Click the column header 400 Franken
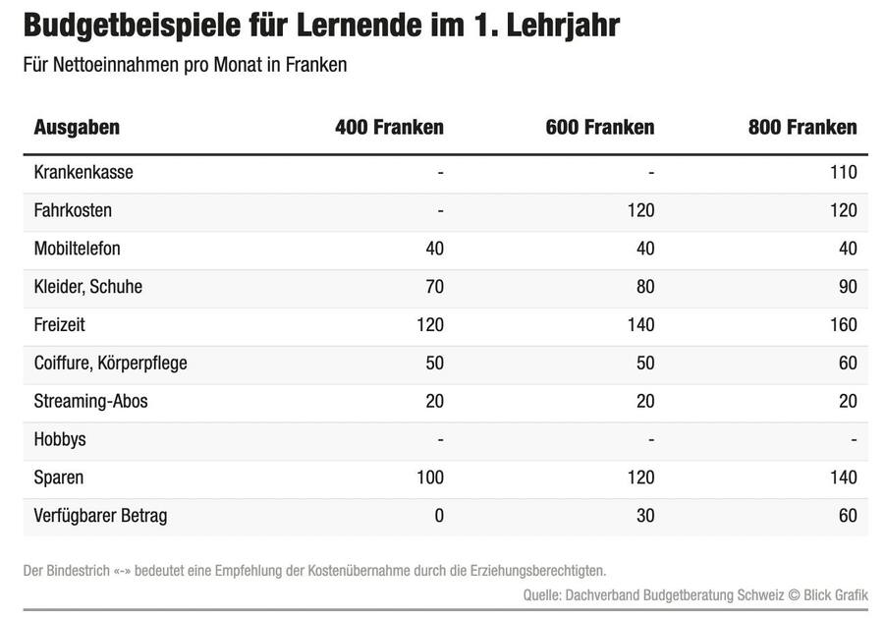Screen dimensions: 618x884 (389, 127)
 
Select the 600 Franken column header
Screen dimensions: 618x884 (599, 127)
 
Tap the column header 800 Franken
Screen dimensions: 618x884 (802, 127)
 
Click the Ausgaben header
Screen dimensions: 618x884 (77, 127)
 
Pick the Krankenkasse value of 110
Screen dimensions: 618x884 (843, 172)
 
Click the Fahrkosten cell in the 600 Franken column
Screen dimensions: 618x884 (639, 210)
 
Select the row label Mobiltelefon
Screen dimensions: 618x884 (77, 249)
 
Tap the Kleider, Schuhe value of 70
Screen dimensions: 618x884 (433, 287)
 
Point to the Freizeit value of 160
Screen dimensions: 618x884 (843, 324)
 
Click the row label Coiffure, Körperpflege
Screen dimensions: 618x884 (110, 363)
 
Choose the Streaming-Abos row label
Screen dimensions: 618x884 (90, 401)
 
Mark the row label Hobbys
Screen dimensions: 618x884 (60, 439)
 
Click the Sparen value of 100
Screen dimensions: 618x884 (429, 478)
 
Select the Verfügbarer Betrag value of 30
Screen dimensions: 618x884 (644, 515)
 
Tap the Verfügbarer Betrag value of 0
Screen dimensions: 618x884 (438, 515)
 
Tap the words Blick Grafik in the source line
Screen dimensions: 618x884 (837, 593)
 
